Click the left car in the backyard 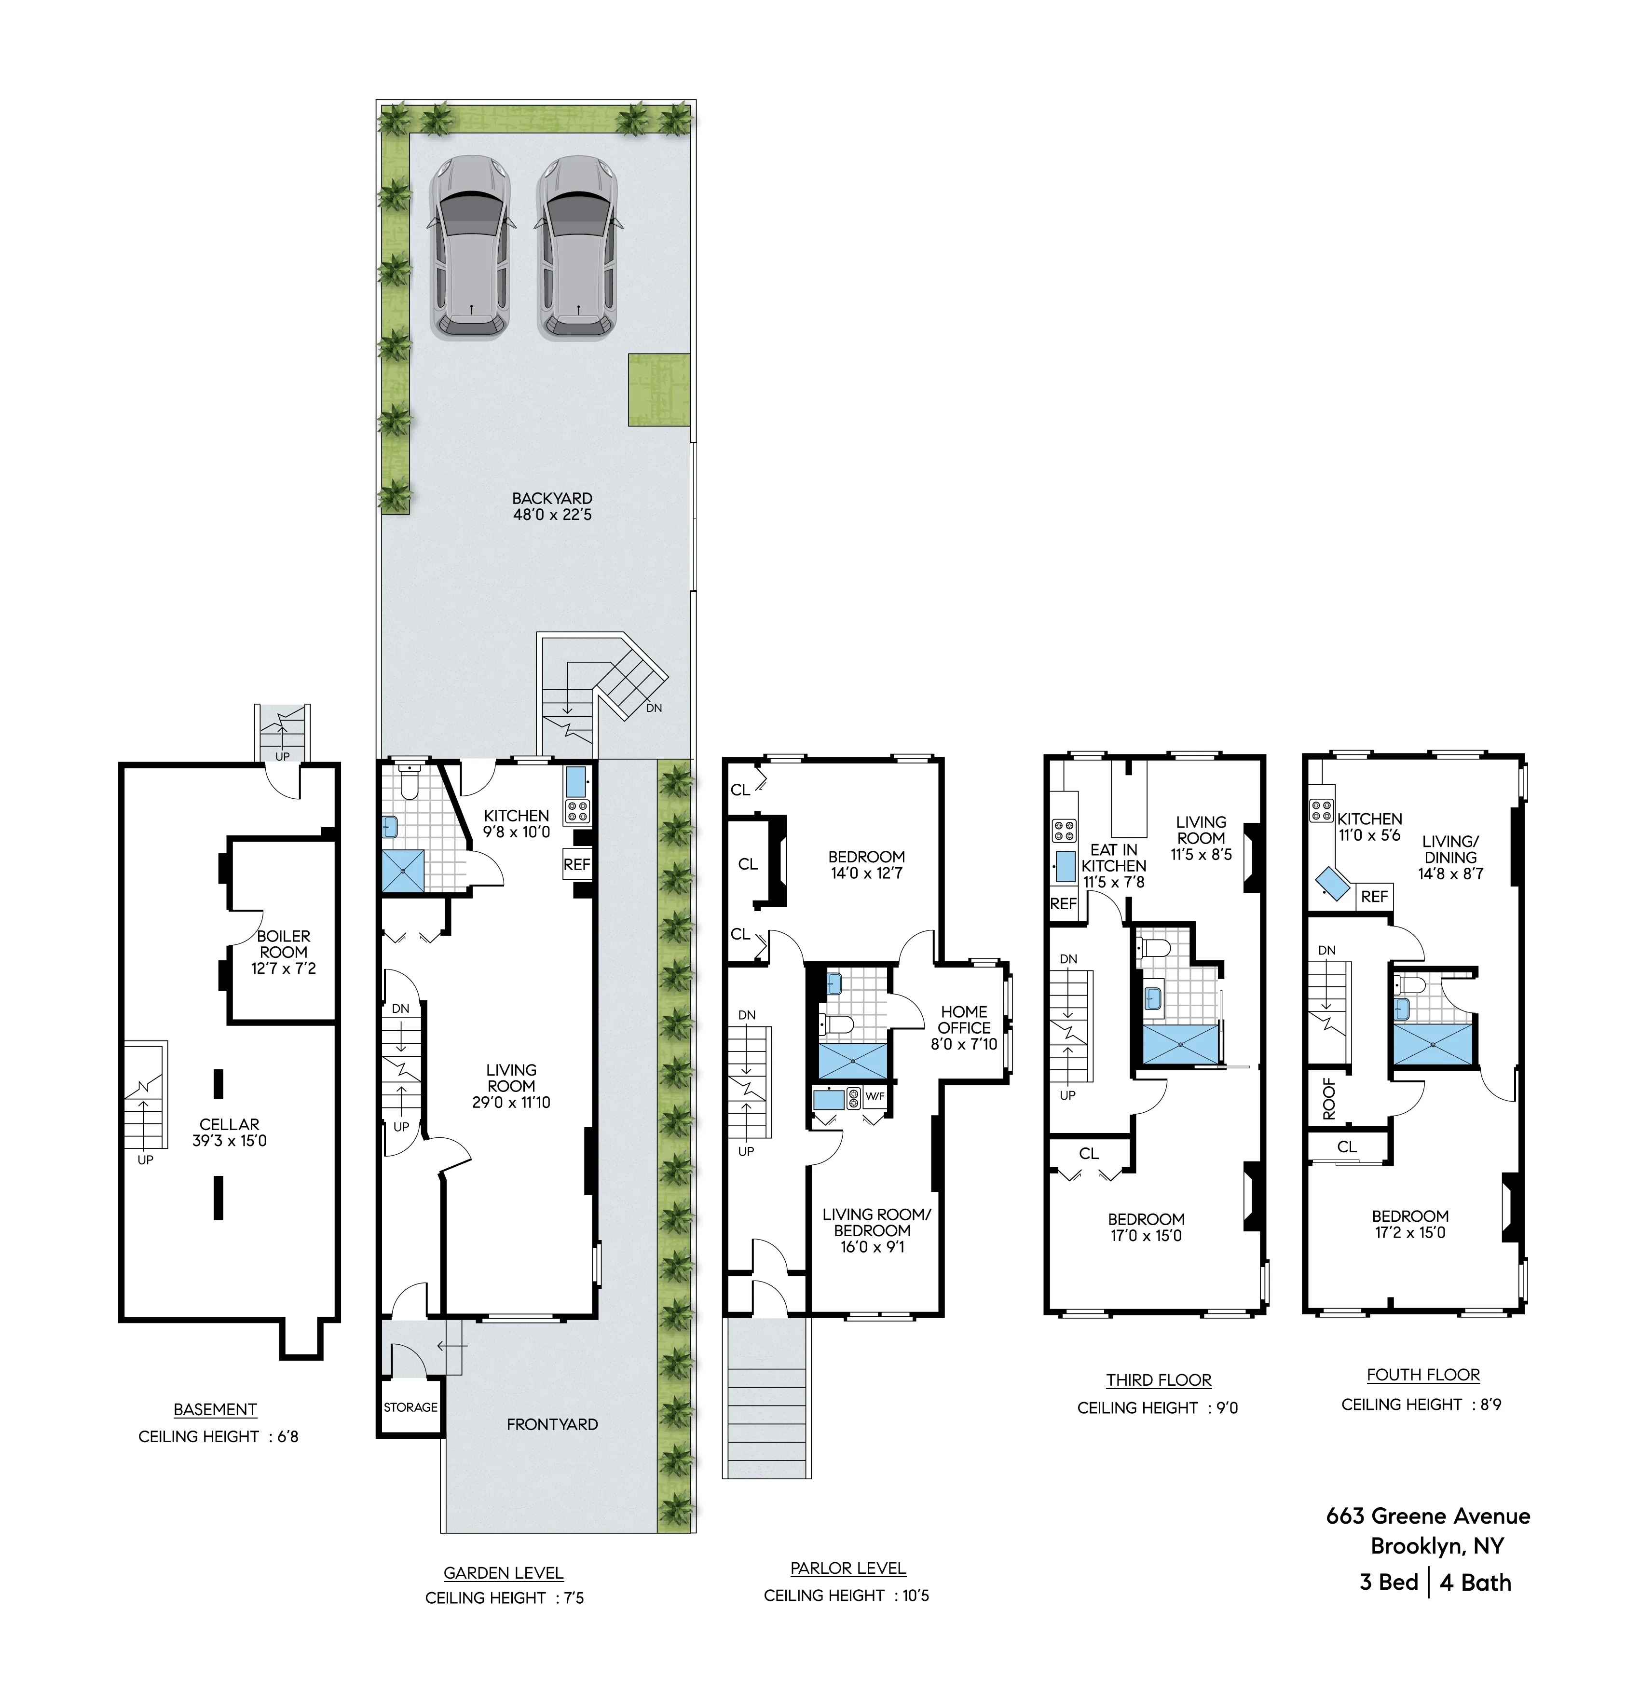(x=470, y=247)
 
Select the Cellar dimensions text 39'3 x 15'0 (x=230, y=1140)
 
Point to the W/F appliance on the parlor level (x=875, y=1096)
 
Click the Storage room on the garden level (x=411, y=1407)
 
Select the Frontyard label (x=552, y=1424)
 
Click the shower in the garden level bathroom (x=404, y=870)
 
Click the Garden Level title (x=503, y=1573)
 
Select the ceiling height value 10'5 (x=916, y=1596)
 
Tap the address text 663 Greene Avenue (x=1428, y=1516)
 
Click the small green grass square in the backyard (x=658, y=389)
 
